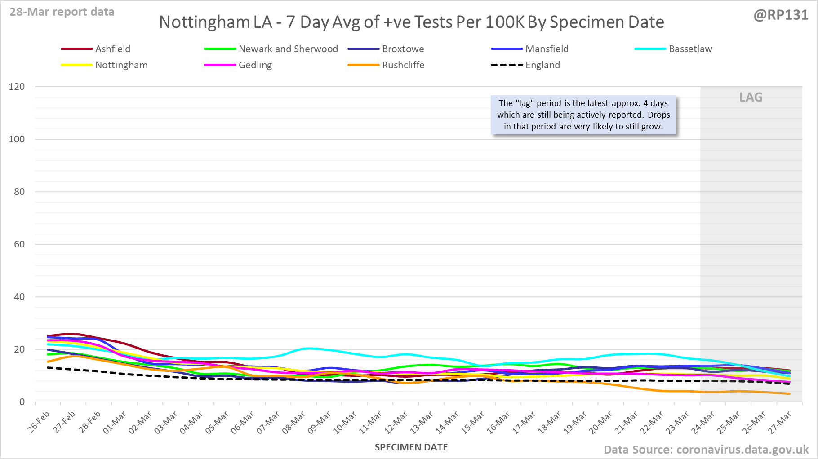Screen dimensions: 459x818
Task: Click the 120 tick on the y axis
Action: (17, 87)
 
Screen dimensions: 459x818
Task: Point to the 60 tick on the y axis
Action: (19, 244)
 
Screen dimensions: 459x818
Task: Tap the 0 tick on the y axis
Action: (22, 402)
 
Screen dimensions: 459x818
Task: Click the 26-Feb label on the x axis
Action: (39, 422)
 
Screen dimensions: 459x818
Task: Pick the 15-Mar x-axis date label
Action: (473, 423)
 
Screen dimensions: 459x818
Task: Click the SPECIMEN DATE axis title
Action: (411, 447)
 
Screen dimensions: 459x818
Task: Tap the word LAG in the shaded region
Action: (751, 97)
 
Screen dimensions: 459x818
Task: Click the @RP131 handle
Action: (781, 15)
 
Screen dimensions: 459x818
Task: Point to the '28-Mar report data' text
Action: (62, 12)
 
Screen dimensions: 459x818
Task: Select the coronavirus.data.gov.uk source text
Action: (742, 450)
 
